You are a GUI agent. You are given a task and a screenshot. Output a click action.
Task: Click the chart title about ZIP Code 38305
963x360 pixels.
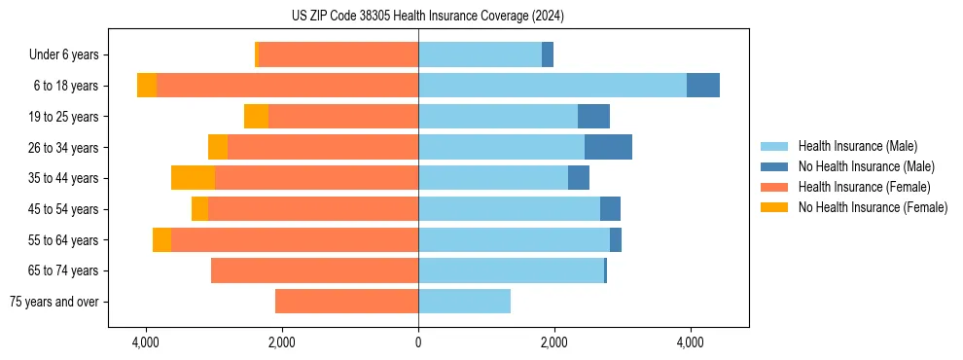pyautogui.click(x=427, y=16)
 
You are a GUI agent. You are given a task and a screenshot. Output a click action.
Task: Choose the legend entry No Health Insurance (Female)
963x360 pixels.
pyautogui.click(x=873, y=207)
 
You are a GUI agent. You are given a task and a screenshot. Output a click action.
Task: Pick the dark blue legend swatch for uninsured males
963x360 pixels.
pyautogui.click(x=774, y=166)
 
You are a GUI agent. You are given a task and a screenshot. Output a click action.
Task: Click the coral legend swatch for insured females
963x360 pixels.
pyautogui.click(x=774, y=187)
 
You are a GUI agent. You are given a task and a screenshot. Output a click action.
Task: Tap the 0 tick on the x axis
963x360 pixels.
pyautogui.click(x=418, y=342)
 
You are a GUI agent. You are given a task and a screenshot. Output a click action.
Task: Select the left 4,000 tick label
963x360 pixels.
pyautogui.click(x=146, y=342)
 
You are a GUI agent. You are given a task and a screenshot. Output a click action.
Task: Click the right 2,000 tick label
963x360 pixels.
pyautogui.click(x=554, y=342)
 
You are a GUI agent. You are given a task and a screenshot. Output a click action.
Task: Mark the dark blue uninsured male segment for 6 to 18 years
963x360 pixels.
pyautogui.click(x=703, y=86)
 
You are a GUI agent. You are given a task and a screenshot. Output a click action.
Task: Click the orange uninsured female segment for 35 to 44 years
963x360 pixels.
pyautogui.click(x=193, y=178)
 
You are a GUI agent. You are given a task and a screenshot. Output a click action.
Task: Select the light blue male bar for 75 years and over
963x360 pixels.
pyautogui.click(x=464, y=302)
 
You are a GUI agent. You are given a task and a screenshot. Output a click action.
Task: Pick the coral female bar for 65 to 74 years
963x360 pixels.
pyautogui.click(x=314, y=270)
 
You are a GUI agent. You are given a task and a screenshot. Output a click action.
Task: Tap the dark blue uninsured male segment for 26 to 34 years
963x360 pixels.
pyautogui.click(x=608, y=147)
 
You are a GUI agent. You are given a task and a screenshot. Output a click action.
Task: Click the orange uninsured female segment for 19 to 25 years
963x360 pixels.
pyautogui.click(x=256, y=117)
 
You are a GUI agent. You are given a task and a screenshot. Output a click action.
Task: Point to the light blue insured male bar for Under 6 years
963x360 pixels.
pyautogui.click(x=480, y=55)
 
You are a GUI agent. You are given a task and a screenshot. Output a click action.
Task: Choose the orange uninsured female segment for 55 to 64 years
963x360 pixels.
pyautogui.click(x=161, y=239)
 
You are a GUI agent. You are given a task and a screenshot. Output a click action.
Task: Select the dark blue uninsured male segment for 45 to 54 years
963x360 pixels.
pyautogui.click(x=610, y=209)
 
